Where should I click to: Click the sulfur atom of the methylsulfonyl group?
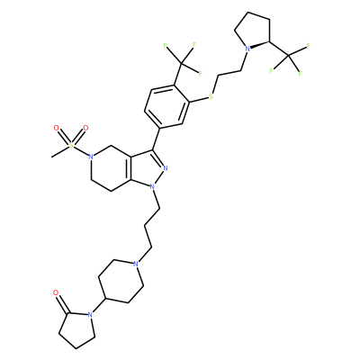pyautogui.click(x=71, y=146)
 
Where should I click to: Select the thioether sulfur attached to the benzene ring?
pyautogui.click(x=211, y=97)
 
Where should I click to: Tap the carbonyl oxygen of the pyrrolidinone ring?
pyautogui.click(x=56, y=292)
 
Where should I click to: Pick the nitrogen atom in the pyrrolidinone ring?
pyautogui.click(x=89, y=315)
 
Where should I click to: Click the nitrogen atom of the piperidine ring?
pyautogui.click(x=136, y=264)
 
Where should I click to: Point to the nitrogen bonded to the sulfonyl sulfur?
pyautogui.click(x=91, y=157)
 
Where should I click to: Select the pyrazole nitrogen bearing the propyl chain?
pyautogui.click(x=152, y=186)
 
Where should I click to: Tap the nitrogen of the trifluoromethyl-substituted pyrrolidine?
pyautogui.click(x=247, y=49)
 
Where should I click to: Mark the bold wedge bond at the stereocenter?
pyautogui.click(x=260, y=45)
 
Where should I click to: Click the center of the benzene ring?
pyautogui.click(x=167, y=106)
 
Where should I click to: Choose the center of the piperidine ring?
pyautogui.click(x=121, y=282)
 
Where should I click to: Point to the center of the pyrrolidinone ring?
pyautogui.click(x=76, y=328)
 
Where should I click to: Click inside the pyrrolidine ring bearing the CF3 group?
pyautogui.click(x=253, y=31)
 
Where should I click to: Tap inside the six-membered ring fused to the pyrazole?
pyautogui.click(x=112, y=168)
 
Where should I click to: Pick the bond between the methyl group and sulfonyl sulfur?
pyautogui.click(x=61, y=151)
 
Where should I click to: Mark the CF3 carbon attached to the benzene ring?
pyautogui.click(x=181, y=63)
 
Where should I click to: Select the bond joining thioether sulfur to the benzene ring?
pyautogui.click(x=199, y=100)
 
